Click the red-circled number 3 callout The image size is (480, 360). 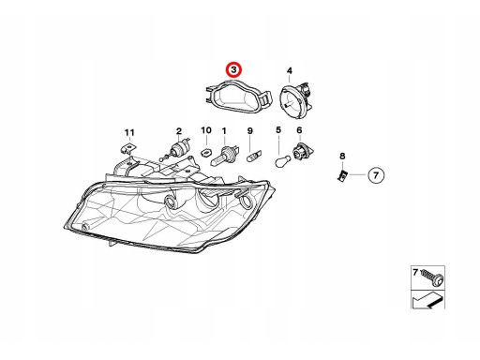pyautogui.click(x=234, y=70)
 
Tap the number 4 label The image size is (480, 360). pyautogui.click(x=290, y=71)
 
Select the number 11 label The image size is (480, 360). pyautogui.click(x=129, y=132)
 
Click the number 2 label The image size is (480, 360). pyautogui.click(x=179, y=131)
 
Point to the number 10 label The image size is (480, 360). pyautogui.click(x=206, y=130)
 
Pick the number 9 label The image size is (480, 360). pyautogui.click(x=250, y=131)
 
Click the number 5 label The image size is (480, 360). pyautogui.click(x=278, y=129)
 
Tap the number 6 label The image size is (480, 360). pyautogui.click(x=299, y=129)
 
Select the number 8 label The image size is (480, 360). pyautogui.click(x=342, y=156)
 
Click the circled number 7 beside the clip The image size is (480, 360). pyautogui.click(x=376, y=175)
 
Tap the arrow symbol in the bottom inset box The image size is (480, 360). pyautogui.click(x=427, y=300)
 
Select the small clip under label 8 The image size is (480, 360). pyautogui.click(x=341, y=176)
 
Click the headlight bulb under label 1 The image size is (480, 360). pyautogui.click(x=224, y=156)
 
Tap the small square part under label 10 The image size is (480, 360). pyautogui.click(x=205, y=153)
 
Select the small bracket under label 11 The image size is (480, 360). pyautogui.click(x=128, y=149)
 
